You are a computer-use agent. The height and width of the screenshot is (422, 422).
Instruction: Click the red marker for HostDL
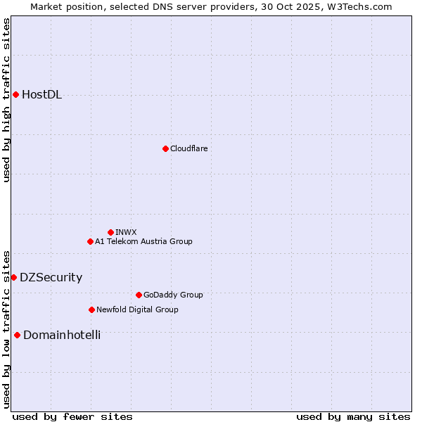coord(15,94)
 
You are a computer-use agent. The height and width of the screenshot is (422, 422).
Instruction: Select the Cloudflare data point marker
coord(165,148)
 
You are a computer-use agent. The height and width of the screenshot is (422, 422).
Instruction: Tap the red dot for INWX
coord(110,232)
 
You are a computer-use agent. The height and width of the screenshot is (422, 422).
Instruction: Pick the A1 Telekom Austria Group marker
coord(90,241)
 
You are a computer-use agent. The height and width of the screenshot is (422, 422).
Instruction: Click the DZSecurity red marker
coord(13,277)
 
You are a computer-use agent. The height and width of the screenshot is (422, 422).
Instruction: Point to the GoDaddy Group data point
coord(139,295)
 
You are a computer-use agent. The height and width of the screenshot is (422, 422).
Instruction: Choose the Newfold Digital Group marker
coord(91,309)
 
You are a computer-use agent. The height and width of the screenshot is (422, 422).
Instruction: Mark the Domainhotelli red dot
coord(17,335)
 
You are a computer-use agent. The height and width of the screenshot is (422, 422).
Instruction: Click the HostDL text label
coord(41,95)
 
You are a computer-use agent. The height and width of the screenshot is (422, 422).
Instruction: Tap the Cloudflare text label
coord(188,148)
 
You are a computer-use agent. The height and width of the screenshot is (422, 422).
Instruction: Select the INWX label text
coord(126,232)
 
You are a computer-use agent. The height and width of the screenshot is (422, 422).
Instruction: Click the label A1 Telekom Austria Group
coord(143,241)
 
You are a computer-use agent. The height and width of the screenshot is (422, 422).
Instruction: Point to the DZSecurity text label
coord(51,278)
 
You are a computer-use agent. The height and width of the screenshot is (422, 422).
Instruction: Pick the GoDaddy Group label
coord(173,295)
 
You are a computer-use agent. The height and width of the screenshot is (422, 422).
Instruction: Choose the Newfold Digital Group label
coord(137,309)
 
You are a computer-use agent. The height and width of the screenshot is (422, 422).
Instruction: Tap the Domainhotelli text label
coord(62,335)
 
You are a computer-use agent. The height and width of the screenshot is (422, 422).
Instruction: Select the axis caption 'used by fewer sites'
coord(72,416)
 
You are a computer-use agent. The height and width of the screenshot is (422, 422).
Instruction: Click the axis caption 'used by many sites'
coord(353,416)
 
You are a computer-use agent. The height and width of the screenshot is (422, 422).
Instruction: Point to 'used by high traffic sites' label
coord(6,100)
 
